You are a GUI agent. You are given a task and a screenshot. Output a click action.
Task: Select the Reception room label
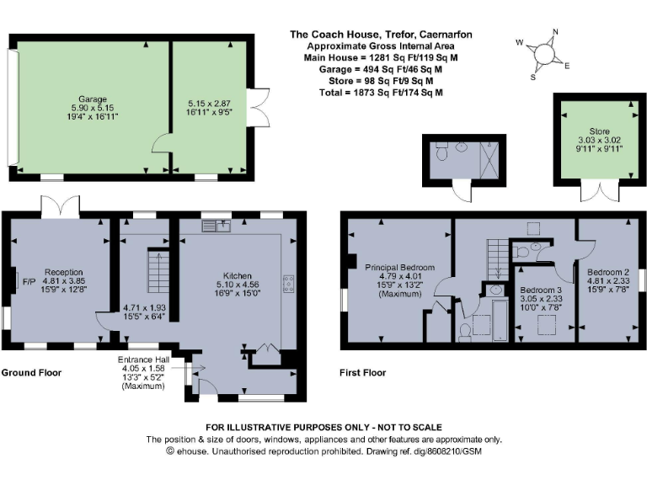pyautogui.click(x=63, y=272)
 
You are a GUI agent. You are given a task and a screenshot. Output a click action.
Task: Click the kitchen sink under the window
pyautogui.click(x=217, y=226)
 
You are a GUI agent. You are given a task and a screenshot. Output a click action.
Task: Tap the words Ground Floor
pyautogui.click(x=31, y=372)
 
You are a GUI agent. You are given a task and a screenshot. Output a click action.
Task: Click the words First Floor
pyautogui.click(x=362, y=372)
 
